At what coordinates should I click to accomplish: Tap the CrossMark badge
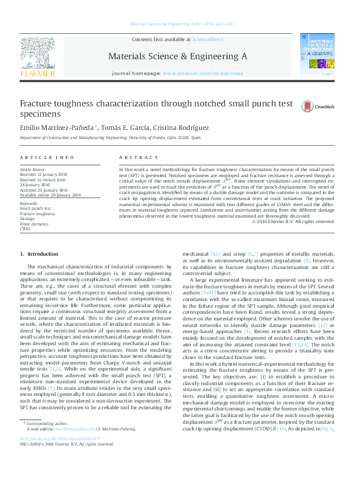326,107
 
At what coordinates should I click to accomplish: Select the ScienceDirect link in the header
208,39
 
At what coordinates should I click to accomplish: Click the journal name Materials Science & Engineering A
177,56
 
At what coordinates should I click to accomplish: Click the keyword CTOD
25,229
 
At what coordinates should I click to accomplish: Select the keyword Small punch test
35,209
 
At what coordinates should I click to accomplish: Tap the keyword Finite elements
34,224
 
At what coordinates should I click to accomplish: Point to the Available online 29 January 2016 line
50,195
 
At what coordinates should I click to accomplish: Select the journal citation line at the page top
180,25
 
